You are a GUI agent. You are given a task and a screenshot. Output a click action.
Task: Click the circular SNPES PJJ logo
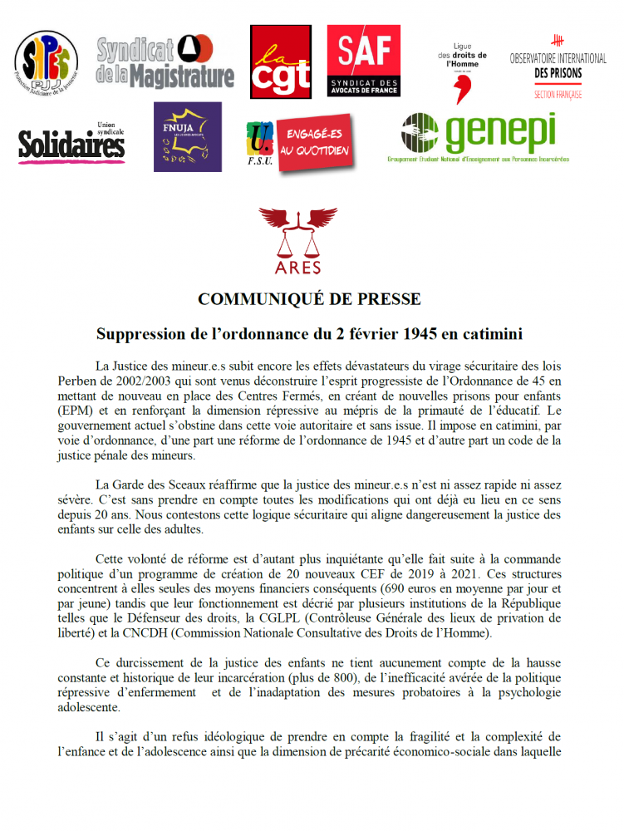point(47,61)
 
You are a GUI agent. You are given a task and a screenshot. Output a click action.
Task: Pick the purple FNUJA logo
point(188,136)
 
